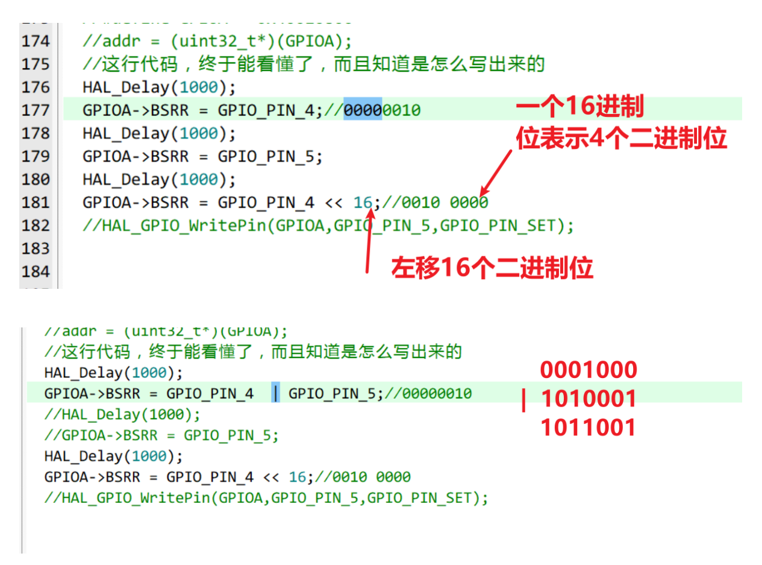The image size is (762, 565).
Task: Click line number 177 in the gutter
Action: pos(35,110)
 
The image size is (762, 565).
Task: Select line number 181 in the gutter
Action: pos(35,202)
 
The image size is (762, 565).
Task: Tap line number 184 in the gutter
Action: pos(35,271)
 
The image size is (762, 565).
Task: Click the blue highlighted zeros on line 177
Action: pos(363,110)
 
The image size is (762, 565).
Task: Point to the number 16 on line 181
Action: pos(363,202)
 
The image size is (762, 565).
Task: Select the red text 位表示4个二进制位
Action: pos(621,139)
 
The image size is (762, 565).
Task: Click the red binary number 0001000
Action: pos(588,370)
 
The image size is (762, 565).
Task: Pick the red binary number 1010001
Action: pos(588,399)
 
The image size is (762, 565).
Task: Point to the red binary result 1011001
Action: pos(588,428)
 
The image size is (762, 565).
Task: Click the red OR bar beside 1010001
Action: pos(523,400)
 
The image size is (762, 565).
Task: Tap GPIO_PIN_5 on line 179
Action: pos(270,156)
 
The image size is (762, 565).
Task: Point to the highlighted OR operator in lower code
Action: pos(276,394)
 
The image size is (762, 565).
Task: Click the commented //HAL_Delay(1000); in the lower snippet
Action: pos(122,415)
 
